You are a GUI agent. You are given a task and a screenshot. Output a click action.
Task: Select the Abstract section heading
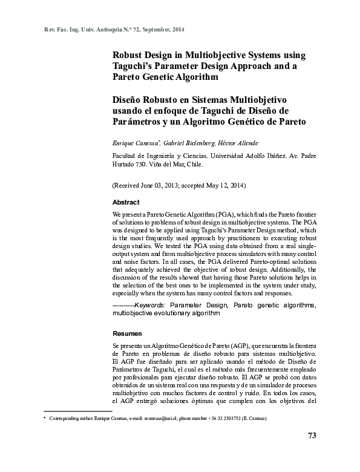126,202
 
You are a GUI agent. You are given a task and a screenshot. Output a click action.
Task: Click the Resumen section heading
127,333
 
